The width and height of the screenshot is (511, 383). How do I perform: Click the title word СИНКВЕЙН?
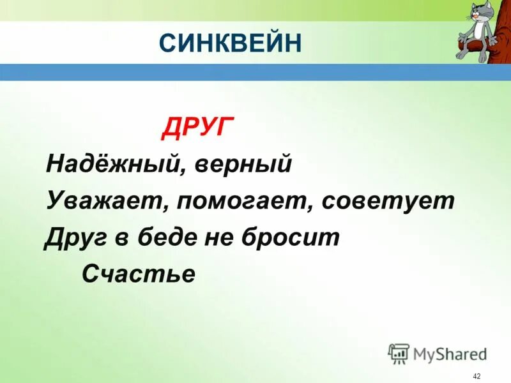coord(229,43)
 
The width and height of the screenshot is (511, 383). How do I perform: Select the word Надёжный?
coord(106,165)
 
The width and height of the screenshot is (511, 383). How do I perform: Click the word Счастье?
coord(138,274)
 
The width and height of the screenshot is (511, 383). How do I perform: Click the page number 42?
coord(477,376)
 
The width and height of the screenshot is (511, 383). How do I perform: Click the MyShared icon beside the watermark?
coord(398,353)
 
